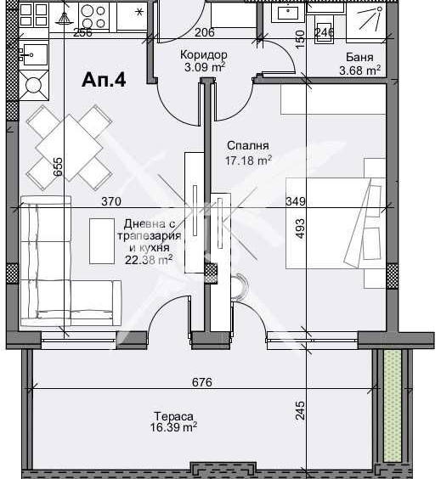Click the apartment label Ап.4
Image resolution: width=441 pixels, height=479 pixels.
click(x=104, y=80)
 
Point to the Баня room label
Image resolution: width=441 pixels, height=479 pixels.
click(x=357, y=57)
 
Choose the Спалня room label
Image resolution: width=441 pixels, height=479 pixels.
click(x=241, y=145)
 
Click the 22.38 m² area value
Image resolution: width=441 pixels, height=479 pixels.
click(x=149, y=260)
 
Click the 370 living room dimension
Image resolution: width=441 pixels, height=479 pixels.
click(x=111, y=201)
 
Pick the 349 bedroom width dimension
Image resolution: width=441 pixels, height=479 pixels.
click(x=295, y=201)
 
